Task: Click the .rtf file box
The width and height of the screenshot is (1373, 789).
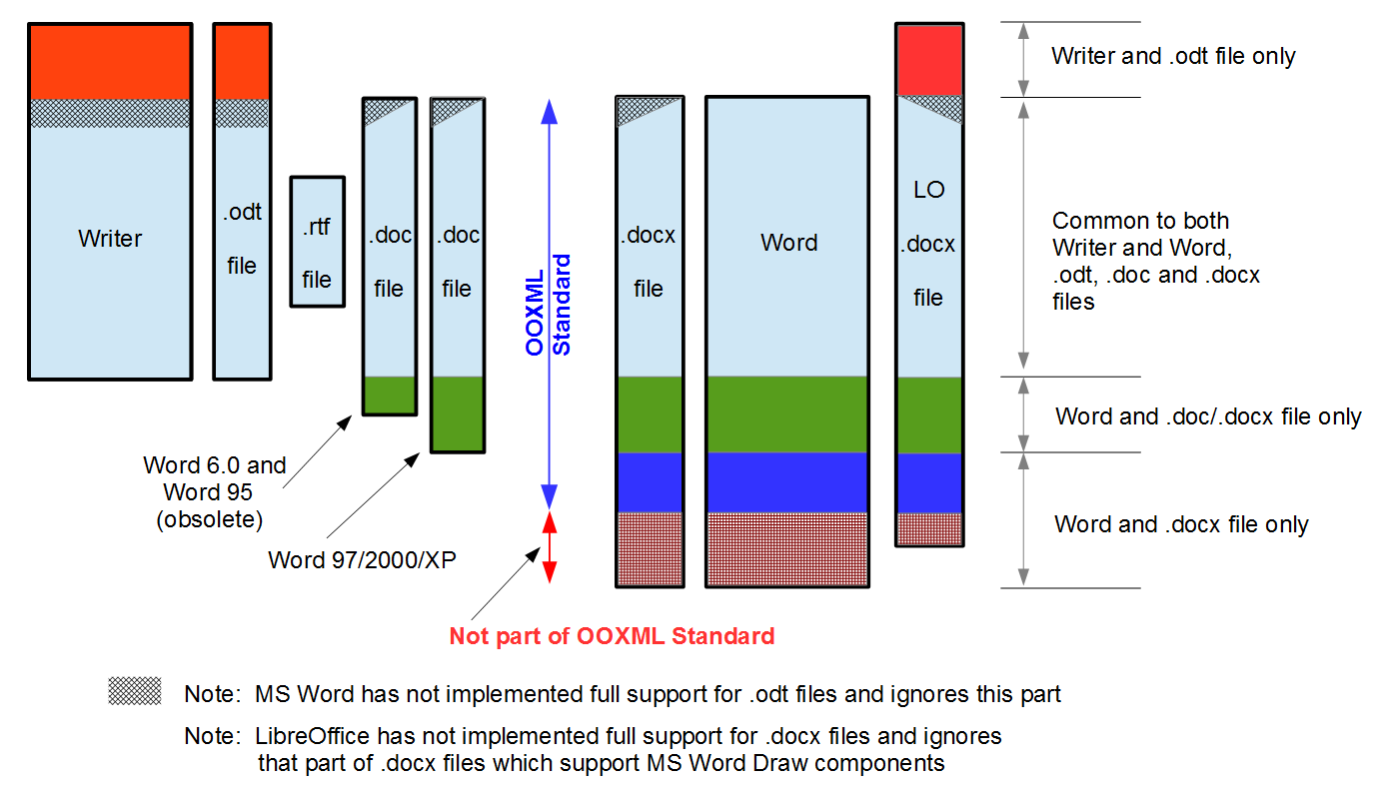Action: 317,242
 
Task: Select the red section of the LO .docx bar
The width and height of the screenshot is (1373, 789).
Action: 929,61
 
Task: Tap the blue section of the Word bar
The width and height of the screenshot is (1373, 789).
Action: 787,481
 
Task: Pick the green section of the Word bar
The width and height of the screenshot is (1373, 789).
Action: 787,414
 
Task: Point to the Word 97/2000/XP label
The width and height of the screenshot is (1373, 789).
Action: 362,559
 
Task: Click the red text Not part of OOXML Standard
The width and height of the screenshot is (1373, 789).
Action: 612,636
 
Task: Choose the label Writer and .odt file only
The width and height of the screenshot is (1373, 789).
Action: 1173,56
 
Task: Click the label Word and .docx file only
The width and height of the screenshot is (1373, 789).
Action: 1181,524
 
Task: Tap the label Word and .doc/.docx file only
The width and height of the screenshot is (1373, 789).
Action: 1208,416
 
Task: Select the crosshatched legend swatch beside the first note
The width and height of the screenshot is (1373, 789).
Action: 135,691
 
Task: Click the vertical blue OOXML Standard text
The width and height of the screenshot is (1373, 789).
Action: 549,305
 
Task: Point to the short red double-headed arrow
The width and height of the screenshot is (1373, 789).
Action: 549,547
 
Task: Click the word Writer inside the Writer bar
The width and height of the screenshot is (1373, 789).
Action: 110,239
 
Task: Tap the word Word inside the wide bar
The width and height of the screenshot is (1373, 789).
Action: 788,243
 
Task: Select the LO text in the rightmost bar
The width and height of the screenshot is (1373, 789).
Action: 929,190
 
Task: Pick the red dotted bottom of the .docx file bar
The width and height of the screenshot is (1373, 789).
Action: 650,548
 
